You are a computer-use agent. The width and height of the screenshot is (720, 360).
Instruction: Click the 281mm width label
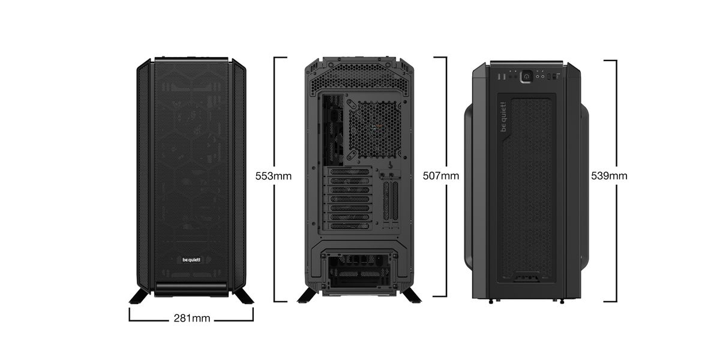coord(192,318)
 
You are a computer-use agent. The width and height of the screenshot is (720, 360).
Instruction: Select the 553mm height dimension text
coord(274,176)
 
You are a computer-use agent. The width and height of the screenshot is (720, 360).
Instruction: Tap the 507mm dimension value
coord(441,176)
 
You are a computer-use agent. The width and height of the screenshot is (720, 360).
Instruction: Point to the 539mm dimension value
coord(609,176)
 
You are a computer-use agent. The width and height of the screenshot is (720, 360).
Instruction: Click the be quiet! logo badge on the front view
coord(191,260)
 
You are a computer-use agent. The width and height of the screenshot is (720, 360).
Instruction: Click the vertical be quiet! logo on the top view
coord(503,117)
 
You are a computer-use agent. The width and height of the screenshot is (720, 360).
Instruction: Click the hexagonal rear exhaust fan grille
coord(375,129)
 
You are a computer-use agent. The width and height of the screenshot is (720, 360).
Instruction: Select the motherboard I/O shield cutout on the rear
coord(332,130)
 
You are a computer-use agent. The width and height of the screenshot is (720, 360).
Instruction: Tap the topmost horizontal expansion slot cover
coord(350,172)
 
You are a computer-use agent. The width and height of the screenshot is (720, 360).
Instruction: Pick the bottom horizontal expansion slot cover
coord(350,226)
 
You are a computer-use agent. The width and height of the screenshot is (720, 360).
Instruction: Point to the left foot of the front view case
coord(139,296)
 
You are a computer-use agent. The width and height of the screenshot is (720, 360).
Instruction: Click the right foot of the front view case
coord(244,296)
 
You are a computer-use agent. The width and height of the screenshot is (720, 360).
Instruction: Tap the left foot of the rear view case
coord(308,295)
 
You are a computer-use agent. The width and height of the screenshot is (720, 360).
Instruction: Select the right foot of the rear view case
coord(412,295)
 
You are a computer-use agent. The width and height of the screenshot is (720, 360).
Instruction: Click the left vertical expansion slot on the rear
coord(386,201)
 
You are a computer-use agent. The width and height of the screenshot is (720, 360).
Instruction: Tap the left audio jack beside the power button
coord(537,77)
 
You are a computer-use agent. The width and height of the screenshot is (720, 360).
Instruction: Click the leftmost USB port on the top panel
coord(499,77)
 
